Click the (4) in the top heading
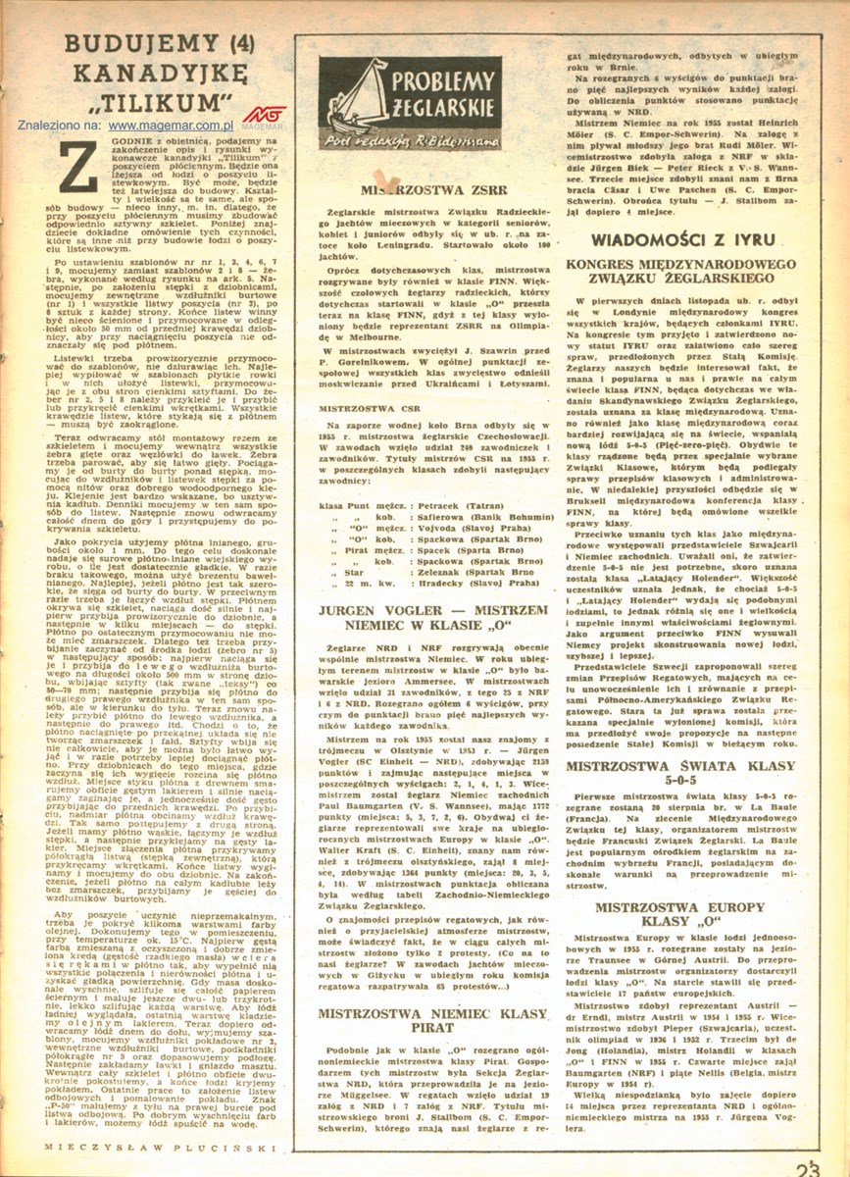coord(226,44)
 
